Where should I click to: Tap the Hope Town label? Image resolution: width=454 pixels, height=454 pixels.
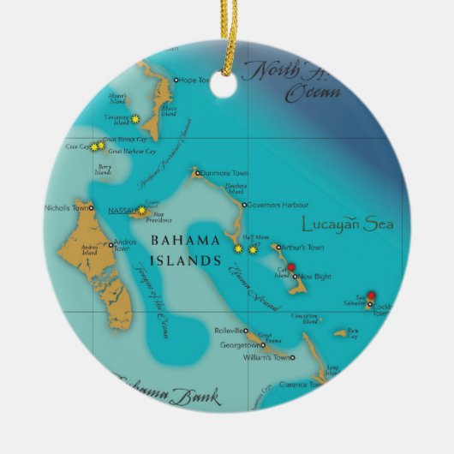194,81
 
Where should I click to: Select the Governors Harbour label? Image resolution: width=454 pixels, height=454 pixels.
272,205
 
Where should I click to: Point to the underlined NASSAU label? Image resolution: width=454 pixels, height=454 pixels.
122,210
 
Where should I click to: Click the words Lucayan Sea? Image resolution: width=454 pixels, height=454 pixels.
347,224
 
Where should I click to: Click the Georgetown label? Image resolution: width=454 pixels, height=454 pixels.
239,345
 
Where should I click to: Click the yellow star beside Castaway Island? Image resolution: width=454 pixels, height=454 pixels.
134,117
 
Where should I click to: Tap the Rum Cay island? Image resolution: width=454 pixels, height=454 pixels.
340,333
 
